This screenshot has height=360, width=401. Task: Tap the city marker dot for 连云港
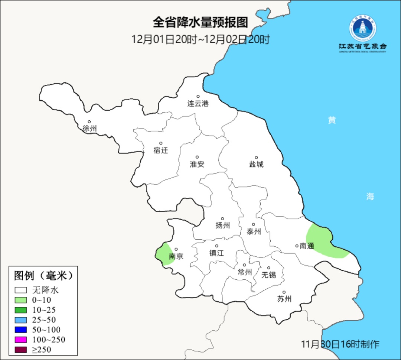198,97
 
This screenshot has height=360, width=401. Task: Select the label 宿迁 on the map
161,150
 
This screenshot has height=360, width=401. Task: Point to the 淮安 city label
197,164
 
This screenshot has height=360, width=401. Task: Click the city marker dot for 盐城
256,158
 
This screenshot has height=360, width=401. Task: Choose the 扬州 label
223,225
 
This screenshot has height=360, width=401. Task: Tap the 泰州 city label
254,232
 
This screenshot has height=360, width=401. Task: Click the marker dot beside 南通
297,246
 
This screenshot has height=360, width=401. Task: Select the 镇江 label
216,253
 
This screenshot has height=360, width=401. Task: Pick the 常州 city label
245,272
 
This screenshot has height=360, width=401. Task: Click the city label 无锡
269,275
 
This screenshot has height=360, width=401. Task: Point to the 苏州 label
284,299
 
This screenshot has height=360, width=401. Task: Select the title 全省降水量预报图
200,23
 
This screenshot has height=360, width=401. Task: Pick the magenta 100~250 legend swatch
21,340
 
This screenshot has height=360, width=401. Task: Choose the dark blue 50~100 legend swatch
21,330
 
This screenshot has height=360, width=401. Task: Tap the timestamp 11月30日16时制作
340,344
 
